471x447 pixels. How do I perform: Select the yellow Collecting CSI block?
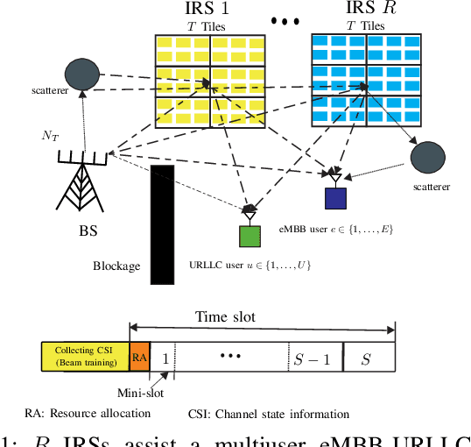click(x=85, y=356)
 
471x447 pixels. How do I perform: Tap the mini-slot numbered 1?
click(x=163, y=356)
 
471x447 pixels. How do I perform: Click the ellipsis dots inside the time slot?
click(x=232, y=356)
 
